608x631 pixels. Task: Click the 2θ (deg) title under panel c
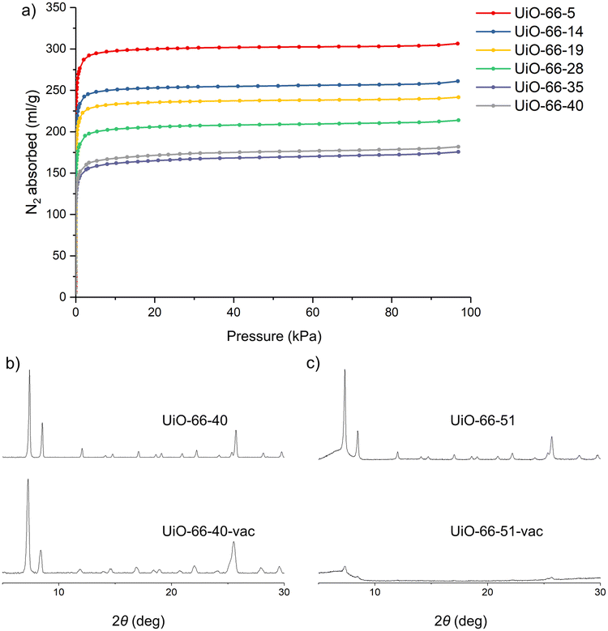click(459, 620)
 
